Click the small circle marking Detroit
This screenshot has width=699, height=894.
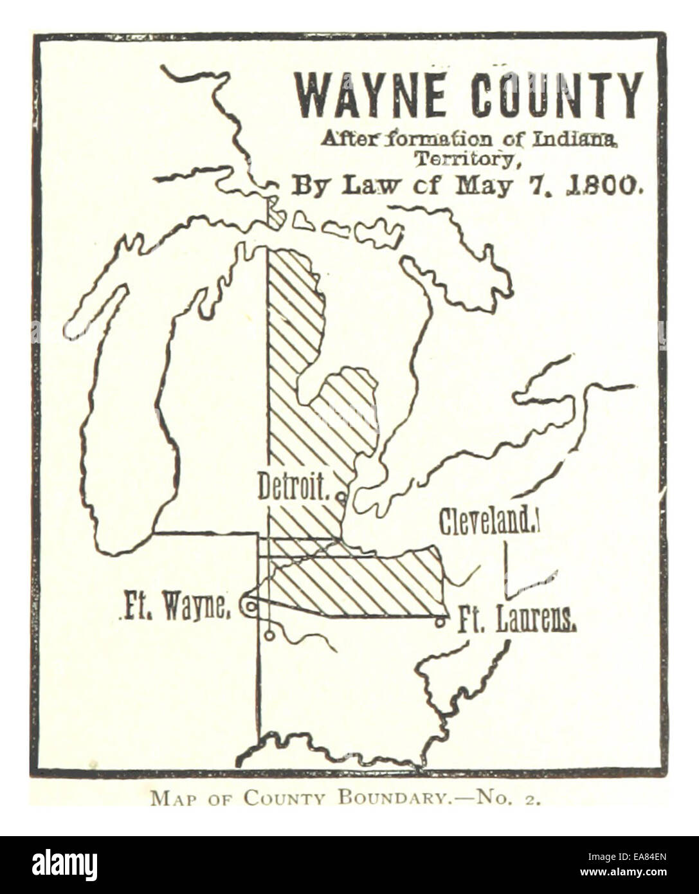coord(341,497)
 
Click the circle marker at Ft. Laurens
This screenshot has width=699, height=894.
coord(440,622)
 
